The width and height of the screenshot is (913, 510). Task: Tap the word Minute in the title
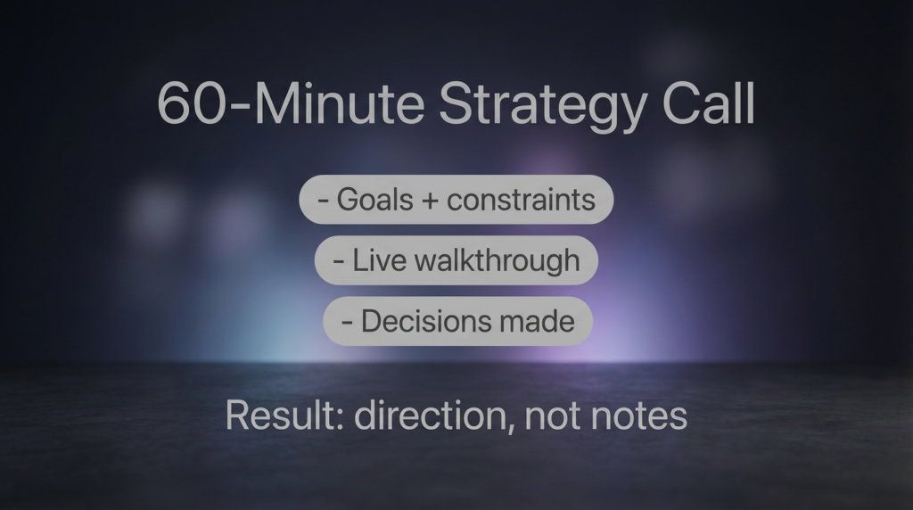(x=340, y=103)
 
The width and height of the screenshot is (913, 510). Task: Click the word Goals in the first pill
(x=375, y=200)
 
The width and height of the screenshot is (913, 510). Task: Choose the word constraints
(x=521, y=201)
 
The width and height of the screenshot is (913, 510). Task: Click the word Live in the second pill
(x=379, y=259)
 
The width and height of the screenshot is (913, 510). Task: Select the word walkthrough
(x=497, y=261)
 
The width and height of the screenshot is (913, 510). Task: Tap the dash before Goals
(x=323, y=202)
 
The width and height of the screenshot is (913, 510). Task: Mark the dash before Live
(x=338, y=262)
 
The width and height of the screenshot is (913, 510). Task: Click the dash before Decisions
(x=347, y=323)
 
